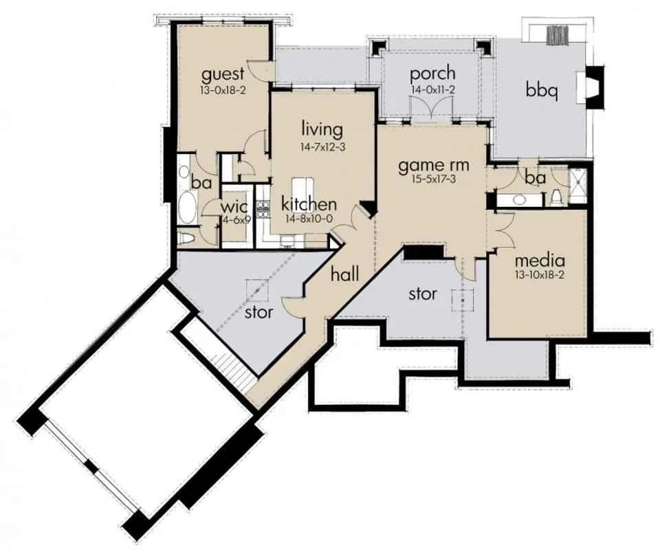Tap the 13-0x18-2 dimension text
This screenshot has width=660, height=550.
click(x=223, y=90)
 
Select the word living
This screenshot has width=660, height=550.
click(x=322, y=130)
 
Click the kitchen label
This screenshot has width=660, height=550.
click(x=309, y=204)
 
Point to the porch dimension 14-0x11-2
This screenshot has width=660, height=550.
click(x=432, y=89)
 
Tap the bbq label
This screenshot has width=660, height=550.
click(x=542, y=91)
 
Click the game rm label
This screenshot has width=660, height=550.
click(x=434, y=166)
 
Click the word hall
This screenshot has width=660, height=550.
click(x=344, y=274)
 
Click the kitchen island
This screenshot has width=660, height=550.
click(x=303, y=188)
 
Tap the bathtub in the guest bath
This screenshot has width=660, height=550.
click(x=187, y=208)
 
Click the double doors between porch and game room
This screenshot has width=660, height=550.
click(x=432, y=109)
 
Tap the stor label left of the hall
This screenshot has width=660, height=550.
click(x=259, y=312)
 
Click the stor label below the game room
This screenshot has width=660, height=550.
click(x=423, y=294)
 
